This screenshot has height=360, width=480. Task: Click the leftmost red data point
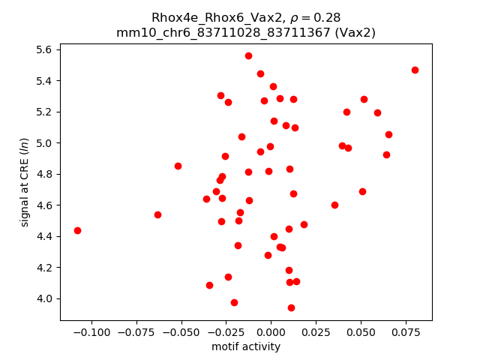pos(77,230)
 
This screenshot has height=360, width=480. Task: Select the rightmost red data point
pos(415,70)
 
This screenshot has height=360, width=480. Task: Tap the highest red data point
pos(248,55)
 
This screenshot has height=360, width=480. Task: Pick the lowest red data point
pos(291,307)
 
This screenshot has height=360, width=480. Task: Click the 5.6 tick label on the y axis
pos(43,49)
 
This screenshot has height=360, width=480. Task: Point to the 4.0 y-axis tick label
pos(43,298)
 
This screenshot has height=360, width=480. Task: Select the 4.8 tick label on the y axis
pos(43,174)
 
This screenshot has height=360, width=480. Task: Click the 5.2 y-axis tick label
pos(43,112)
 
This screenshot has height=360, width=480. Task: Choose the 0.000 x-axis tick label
pos(271,331)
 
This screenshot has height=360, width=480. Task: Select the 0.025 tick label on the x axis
pos(316,331)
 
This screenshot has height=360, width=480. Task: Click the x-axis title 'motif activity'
pos(246,346)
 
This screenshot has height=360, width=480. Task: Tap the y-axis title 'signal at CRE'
pos(25,182)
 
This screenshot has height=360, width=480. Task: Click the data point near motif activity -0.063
pos(157,214)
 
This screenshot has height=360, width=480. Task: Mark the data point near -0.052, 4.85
pos(178,166)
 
